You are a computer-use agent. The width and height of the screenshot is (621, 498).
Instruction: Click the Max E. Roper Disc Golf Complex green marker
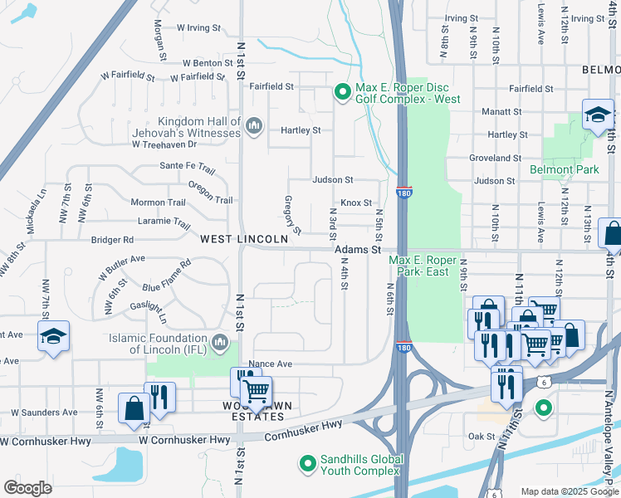click(x=341, y=92)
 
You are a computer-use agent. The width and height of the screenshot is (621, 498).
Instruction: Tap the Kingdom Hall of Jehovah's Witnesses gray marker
click(x=254, y=126)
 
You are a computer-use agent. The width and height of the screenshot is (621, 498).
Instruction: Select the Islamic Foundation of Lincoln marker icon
click(x=220, y=341)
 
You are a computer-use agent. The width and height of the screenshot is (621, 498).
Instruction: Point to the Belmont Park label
click(x=564, y=170)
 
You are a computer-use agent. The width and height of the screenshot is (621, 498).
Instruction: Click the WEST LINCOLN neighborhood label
click(x=244, y=238)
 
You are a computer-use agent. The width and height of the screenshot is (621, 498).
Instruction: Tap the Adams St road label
click(x=358, y=249)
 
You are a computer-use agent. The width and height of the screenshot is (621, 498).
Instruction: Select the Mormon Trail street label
click(x=158, y=203)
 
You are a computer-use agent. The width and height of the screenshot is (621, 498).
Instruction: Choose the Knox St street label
click(x=355, y=203)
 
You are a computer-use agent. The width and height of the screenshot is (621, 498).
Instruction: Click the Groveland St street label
click(x=495, y=158)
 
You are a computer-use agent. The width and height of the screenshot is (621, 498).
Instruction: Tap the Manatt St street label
click(x=500, y=111)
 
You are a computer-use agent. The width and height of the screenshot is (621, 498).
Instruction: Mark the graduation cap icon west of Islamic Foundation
click(x=53, y=336)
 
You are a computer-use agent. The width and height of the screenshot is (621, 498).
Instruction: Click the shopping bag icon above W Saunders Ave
click(x=134, y=408)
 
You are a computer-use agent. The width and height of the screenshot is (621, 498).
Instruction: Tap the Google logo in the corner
click(x=27, y=488)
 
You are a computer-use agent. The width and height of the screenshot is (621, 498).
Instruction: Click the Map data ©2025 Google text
click(x=569, y=491)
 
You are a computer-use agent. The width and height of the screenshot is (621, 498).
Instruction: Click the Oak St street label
click(x=482, y=436)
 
